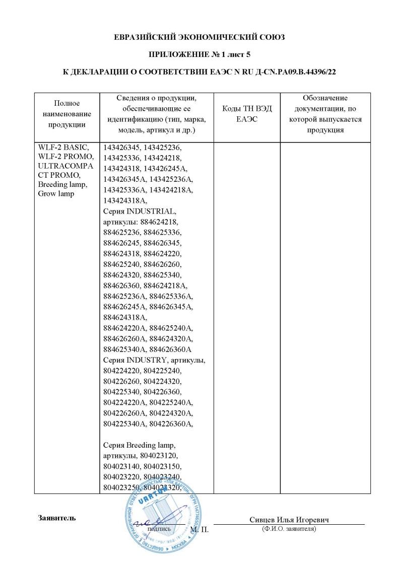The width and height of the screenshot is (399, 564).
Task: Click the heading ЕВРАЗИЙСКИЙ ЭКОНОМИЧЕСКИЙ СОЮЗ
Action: tap(199, 37)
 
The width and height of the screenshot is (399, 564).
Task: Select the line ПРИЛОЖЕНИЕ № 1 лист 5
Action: tap(199, 54)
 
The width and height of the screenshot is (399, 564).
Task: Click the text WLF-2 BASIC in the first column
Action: tap(63, 148)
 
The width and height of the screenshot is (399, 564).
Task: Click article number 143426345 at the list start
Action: tap(120, 148)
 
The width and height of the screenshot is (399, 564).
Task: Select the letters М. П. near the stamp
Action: tap(200, 530)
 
